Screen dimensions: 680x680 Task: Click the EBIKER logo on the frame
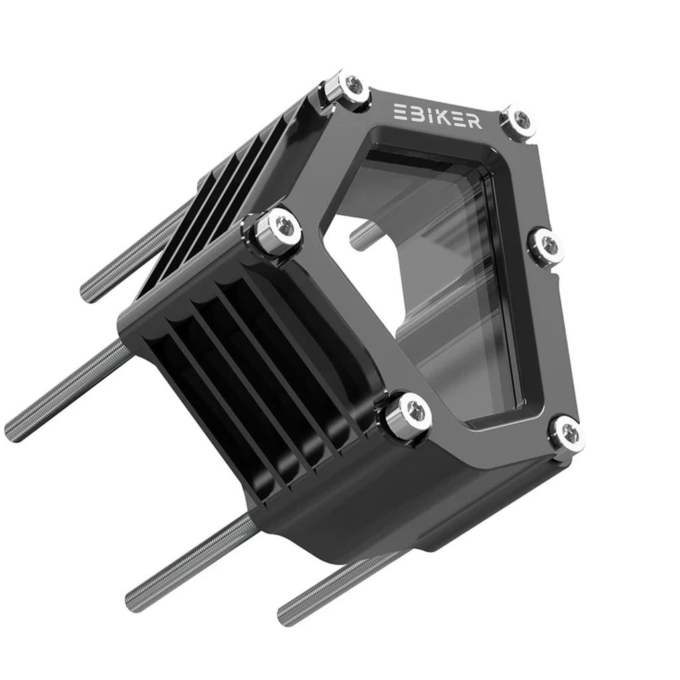[x=437, y=116]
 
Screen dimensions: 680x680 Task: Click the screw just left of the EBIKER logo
[x=351, y=90]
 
